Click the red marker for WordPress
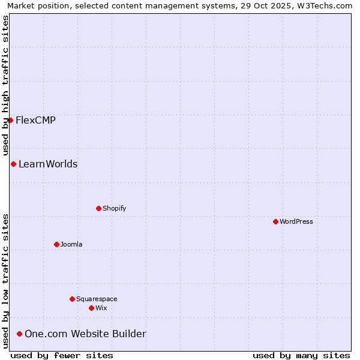click(275, 221)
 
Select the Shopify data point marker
click(98, 208)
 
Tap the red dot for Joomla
click(56, 244)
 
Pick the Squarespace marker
click(72, 299)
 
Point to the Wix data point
click(91, 308)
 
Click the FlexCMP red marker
click(10, 120)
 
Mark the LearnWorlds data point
click(13, 164)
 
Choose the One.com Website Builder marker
click(20, 334)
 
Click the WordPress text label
click(296, 221)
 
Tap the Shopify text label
click(115, 208)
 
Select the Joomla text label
click(71, 244)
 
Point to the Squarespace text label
click(97, 299)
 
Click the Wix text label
click(101, 308)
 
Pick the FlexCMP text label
click(35, 120)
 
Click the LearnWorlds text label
click(48, 164)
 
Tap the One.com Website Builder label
click(85, 334)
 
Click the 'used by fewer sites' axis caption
click(62, 355)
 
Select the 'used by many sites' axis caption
click(301, 355)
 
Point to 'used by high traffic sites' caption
click(5, 84)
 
